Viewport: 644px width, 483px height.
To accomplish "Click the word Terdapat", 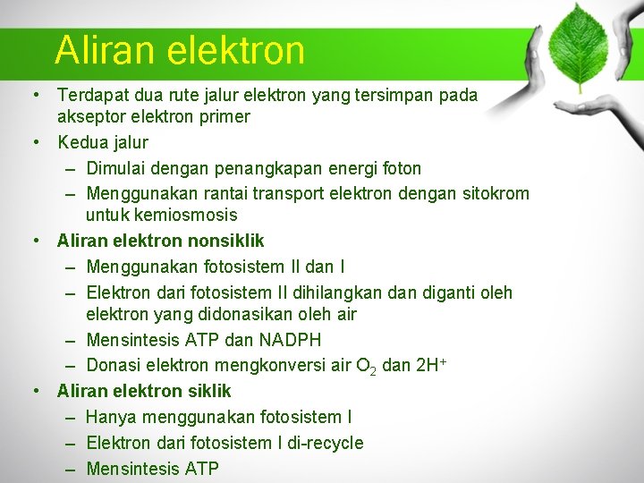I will point(94,95).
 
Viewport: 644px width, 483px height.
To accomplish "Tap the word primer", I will point(226,116).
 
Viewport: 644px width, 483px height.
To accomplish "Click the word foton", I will point(399,168).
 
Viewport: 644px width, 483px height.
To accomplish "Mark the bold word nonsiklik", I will point(225,241).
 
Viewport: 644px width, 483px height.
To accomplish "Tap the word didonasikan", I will point(232,314).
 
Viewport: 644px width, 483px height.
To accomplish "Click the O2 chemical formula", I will point(364,367).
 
